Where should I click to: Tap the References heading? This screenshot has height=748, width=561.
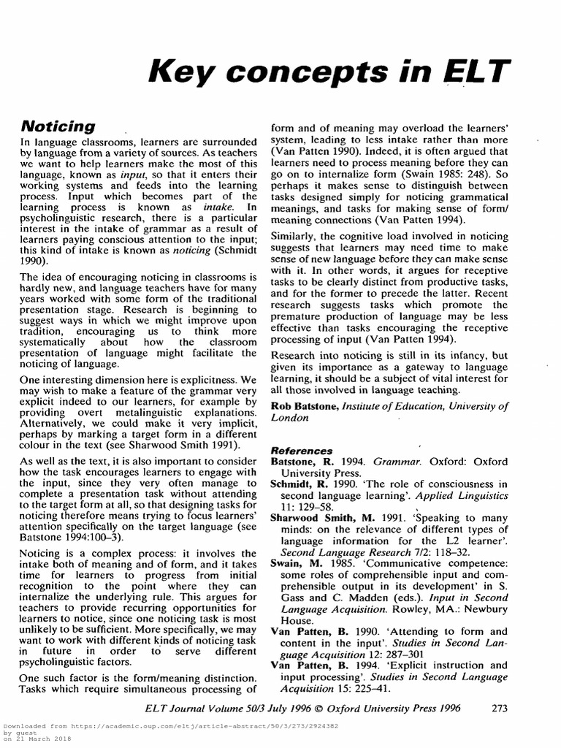click(x=302, y=451)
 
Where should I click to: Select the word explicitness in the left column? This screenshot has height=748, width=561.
click(x=213, y=380)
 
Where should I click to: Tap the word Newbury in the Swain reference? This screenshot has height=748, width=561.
click(x=483, y=609)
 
